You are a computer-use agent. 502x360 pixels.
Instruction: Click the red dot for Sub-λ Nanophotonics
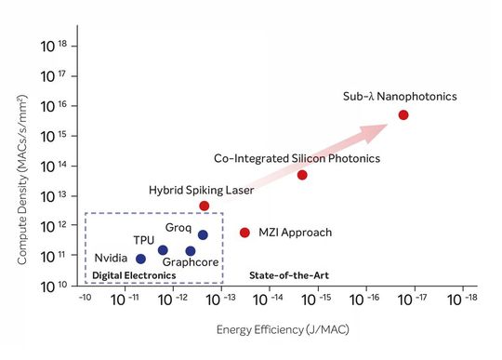[x=403, y=114]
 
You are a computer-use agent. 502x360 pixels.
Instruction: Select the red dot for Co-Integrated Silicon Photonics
[x=302, y=175]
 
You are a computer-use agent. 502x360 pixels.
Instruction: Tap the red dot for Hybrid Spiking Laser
[x=205, y=206]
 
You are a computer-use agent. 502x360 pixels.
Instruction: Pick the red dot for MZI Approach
[x=245, y=233]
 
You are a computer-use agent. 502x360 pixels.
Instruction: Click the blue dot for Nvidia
[x=140, y=259]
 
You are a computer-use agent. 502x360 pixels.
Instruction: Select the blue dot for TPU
[x=163, y=249]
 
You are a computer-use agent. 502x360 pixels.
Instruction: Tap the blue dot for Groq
[x=203, y=235]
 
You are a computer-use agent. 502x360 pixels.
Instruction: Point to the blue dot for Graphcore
[x=191, y=251]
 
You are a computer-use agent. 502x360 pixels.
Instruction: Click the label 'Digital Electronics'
[x=134, y=275]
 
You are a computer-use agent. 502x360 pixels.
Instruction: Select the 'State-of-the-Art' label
[x=289, y=275]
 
